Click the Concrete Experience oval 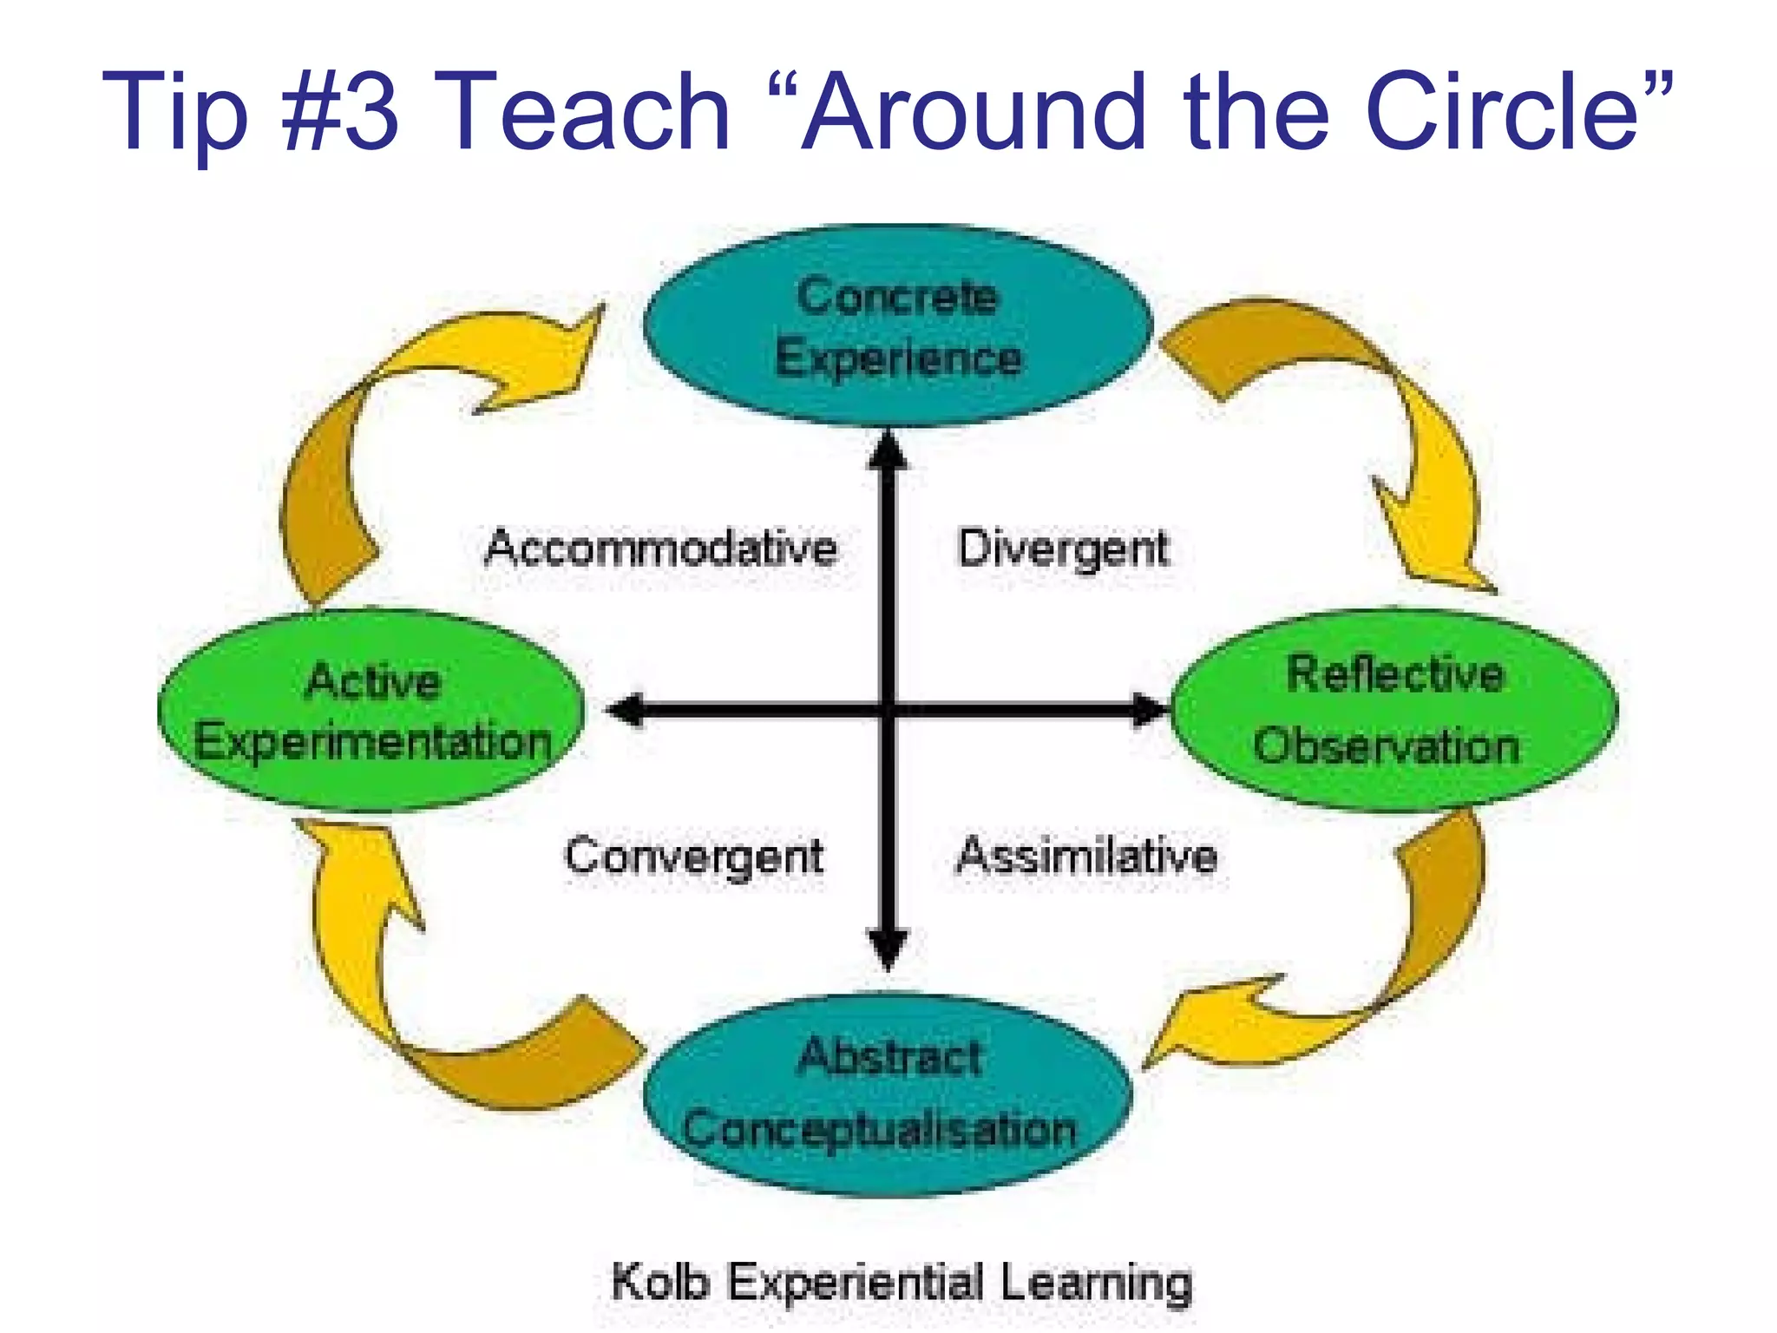point(898,325)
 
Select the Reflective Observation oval point(1394,710)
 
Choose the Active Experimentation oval point(371,712)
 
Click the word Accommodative point(661,548)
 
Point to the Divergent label point(1063,548)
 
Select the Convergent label point(693,857)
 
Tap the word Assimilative point(1086,856)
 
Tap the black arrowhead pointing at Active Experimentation point(626,710)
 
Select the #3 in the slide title point(341,111)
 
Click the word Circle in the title point(1501,111)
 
